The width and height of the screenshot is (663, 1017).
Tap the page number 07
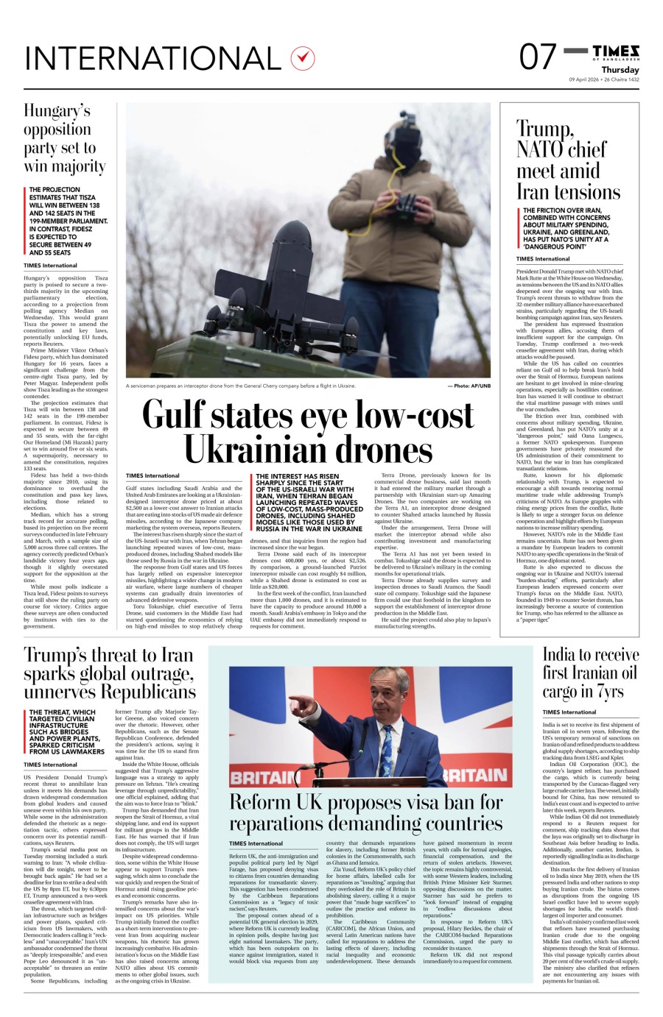tap(537, 57)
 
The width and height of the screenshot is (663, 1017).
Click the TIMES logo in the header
tap(616, 51)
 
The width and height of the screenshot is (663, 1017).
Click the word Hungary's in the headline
tap(57, 111)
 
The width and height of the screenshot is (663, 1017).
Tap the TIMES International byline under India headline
tap(569, 712)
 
